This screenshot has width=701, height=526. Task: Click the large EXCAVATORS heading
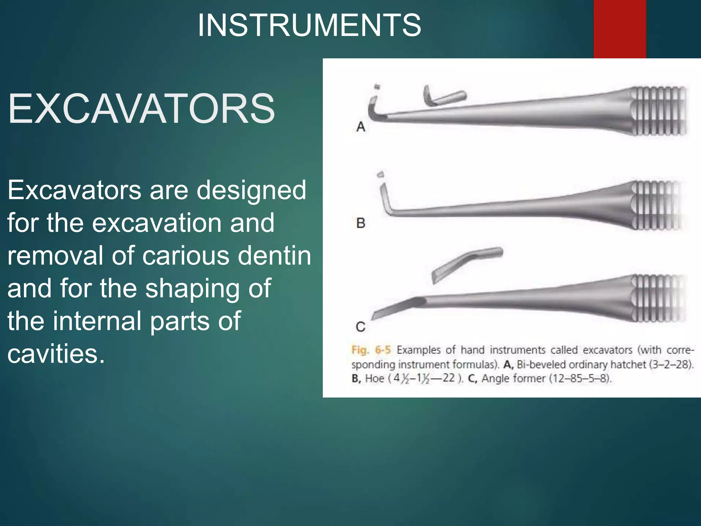[141, 109]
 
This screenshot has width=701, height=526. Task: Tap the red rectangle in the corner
[620, 29]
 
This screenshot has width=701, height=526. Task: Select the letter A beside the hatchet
[361, 127]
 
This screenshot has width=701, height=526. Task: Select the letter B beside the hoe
[361, 223]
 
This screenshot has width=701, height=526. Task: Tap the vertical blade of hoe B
[385, 199]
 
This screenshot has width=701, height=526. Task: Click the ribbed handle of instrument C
[657, 298]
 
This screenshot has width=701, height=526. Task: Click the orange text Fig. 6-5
[371, 350]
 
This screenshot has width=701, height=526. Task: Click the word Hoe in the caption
[374, 378]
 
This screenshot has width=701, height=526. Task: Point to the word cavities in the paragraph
[56, 353]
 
